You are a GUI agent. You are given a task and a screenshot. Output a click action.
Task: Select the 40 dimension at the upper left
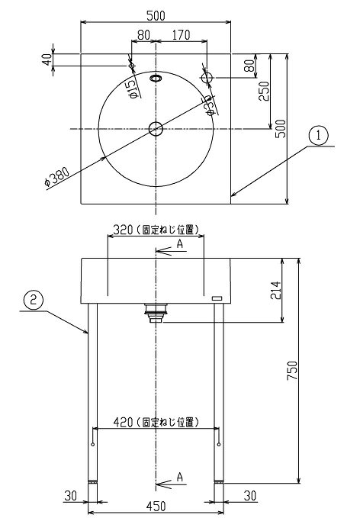click(x=47, y=60)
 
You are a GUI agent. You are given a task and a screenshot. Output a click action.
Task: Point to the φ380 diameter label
click(x=58, y=177)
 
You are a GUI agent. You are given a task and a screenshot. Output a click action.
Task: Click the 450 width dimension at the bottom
click(x=156, y=506)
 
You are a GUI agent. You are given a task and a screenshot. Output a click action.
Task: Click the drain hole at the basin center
click(x=156, y=128)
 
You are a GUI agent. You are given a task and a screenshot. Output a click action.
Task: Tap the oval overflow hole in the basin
click(x=156, y=78)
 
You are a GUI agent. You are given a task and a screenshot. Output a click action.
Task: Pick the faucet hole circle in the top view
click(x=207, y=78)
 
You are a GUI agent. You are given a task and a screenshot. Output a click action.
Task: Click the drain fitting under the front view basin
click(x=156, y=313)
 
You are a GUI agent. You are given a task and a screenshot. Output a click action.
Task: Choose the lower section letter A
click(x=180, y=477)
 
